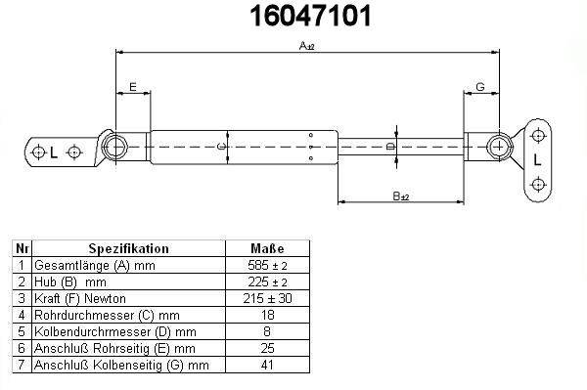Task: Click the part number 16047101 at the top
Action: pos(310,16)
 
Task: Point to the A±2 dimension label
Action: pos(307,46)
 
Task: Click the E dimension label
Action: pos(133,87)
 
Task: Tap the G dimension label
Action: pos(480,87)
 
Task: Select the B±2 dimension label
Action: pos(401,195)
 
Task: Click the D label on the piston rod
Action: pos(390,147)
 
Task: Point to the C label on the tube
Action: pos(222,147)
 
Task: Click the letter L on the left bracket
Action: pos(54,152)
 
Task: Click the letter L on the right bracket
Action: pos(537,160)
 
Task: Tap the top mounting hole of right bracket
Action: pos(538,135)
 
